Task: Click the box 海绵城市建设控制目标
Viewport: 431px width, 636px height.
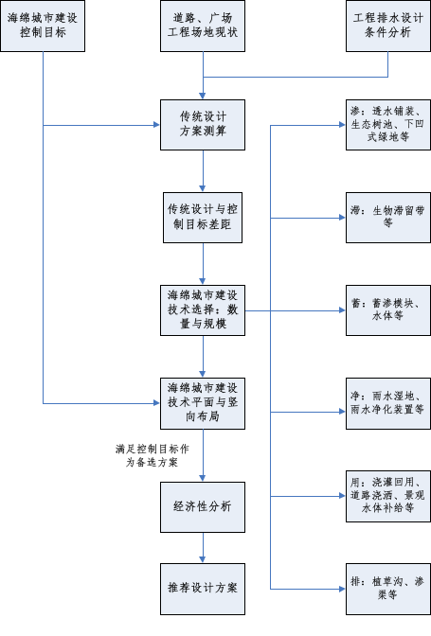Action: [43, 26]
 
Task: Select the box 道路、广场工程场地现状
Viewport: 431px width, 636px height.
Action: [203, 26]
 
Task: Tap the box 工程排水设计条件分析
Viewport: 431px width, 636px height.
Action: [388, 26]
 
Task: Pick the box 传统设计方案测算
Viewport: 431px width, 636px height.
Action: [203, 125]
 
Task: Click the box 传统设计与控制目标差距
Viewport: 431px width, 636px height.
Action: [203, 218]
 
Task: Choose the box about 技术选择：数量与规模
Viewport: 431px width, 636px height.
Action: [203, 310]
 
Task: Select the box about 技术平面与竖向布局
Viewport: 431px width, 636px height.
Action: [203, 403]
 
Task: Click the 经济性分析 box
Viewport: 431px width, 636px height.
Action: [203, 507]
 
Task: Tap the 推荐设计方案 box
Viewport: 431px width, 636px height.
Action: [203, 589]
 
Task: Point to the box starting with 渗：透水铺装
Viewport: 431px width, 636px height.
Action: [388, 125]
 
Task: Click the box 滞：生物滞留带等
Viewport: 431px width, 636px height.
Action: [388, 218]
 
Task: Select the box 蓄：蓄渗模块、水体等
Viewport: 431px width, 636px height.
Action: [388, 310]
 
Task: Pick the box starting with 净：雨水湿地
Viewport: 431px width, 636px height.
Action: [388, 403]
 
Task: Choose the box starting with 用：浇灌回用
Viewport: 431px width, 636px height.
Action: [388, 496]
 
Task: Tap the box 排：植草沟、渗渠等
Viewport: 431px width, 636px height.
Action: [388, 589]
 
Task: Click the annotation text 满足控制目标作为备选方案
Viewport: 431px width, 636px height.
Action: [153, 455]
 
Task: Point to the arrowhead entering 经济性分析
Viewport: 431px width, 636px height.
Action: [203, 479]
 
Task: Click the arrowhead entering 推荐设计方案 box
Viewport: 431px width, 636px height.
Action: [203, 560]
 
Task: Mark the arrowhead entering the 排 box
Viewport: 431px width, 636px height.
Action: [342, 589]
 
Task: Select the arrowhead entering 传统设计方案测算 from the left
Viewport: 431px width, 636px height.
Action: [156, 125]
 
